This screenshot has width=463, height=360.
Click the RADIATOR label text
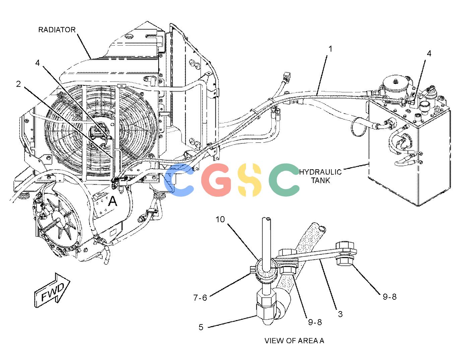pyautogui.click(x=57, y=29)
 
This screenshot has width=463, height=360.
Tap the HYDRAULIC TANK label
pyautogui.click(x=321, y=176)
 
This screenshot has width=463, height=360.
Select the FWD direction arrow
pyautogui.click(x=52, y=290)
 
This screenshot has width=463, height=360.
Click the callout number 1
pyautogui.click(x=330, y=49)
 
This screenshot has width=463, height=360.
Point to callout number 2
pyautogui.click(x=18, y=84)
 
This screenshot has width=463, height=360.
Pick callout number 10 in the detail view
pyautogui.click(x=220, y=219)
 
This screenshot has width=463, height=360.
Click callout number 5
pyautogui.click(x=201, y=327)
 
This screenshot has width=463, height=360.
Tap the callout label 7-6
pyautogui.click(x=200, y=298)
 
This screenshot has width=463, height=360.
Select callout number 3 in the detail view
pyautogui.click(x=340, y=314)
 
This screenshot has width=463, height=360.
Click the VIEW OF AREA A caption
pyautogui.click(x=294, y=341)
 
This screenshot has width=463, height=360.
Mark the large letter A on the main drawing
pyautogui.click(x=112, y=201)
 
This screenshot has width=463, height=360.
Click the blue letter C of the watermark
pyautogui.click(x=179, y=180)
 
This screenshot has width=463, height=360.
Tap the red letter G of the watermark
pyautogui.click(x=216, y=180)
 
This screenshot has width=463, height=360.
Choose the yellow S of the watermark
pyautogui.click(x=250, y=180)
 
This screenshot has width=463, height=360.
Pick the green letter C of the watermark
pyautogui.click(x=284, y=180)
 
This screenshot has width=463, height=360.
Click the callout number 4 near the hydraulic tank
pyautogui.click(x=429, y=54)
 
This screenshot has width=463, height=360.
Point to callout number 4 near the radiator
pyautogui.click(x=38, y=63)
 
